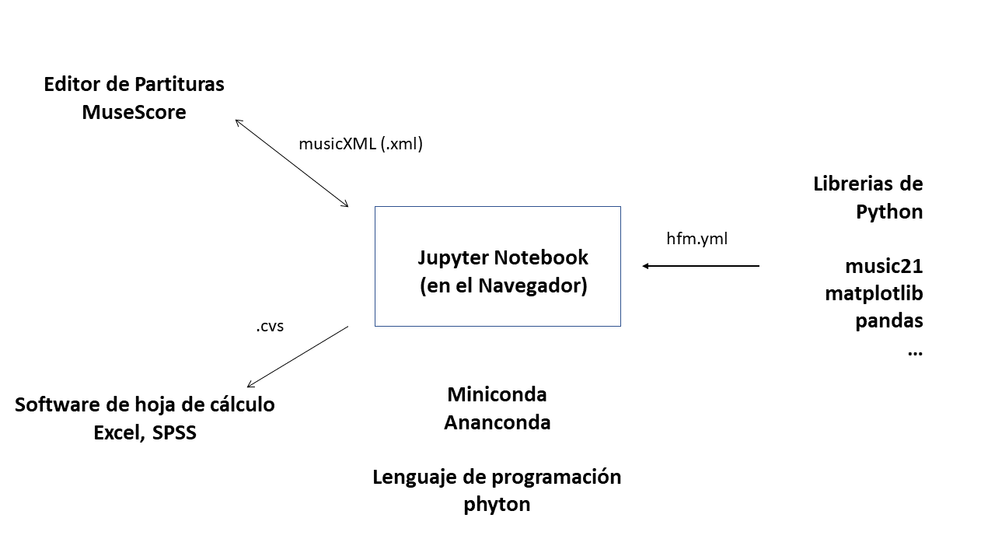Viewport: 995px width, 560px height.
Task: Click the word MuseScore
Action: pos(134,112)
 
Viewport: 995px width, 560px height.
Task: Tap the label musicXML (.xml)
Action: pos(361,144)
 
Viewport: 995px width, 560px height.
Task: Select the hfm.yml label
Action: pos(696,239)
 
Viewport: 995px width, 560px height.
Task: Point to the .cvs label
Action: pos(270,327)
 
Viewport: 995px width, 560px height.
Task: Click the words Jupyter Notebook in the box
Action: pos(503,257)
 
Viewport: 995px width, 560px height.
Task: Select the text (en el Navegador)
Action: pos(503,285)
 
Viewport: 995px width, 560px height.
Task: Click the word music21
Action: pos(884,267)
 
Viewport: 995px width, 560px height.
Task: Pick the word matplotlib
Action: pos(874,294)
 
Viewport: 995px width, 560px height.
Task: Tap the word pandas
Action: pos(889,321)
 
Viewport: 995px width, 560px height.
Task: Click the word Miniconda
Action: pos(497,394)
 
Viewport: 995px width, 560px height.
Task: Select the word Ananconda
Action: pos(497,422)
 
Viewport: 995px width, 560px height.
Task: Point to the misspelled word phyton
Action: pos(497,504)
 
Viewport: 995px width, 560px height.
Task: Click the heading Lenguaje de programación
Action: pos(497,477)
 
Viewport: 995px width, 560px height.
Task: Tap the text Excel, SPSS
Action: pos(145,433)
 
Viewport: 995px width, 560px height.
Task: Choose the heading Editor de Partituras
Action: pos(134,84)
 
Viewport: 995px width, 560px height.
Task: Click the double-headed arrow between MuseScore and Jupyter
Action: pos(292,163)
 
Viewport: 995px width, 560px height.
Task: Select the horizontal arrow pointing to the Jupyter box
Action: pos(700,266)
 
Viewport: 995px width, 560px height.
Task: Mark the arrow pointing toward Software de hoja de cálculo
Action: pos(297,356)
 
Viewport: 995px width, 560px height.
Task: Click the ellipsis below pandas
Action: pos(914,352)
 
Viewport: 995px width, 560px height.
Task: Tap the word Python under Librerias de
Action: pos(889,212)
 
